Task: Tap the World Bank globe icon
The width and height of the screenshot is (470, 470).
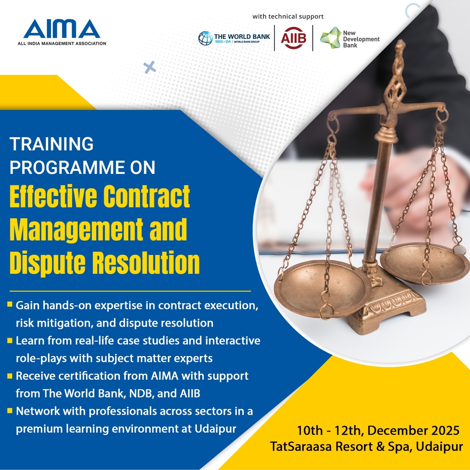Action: (205, 38)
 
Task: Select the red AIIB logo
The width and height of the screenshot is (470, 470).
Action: (293, 38)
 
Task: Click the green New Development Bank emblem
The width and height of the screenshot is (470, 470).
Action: (330, 38)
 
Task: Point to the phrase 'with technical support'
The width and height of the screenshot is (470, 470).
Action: (288, 16)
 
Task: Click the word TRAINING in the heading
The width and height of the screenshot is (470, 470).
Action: (51, 144)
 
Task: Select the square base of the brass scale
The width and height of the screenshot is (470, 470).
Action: (386, 311)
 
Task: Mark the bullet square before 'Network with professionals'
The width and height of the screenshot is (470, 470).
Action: (10, 410)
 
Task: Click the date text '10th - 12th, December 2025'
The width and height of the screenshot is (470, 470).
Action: (378, 431)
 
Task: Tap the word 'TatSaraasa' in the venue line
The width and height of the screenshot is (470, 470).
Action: (301, 446)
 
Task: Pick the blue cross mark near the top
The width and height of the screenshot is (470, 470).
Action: (150, 68)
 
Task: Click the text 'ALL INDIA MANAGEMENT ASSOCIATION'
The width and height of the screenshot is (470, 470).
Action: (62, 43)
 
